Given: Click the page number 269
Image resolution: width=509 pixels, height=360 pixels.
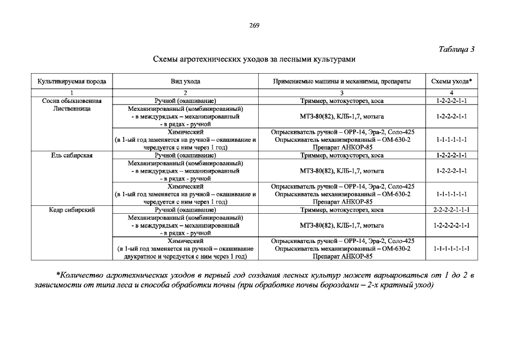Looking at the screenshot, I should [254, 25].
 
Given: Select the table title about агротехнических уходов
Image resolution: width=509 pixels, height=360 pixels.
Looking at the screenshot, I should [254, 59].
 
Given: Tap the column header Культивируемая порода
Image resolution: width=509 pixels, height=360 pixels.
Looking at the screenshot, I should [72, 82].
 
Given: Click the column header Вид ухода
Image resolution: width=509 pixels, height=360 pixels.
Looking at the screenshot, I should [185, 82].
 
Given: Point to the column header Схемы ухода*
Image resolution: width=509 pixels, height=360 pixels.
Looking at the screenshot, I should [451, 82].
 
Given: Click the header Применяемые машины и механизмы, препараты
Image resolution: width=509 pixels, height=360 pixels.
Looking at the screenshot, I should [342, 82].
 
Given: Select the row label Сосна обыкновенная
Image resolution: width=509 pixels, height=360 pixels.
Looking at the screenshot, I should [72, 100].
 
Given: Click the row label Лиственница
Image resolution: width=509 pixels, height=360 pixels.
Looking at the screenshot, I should [72, 109].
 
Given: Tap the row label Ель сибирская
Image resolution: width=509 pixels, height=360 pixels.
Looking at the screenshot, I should [72, 155].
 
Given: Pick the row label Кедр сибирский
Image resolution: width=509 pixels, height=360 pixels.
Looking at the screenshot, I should [72, 209].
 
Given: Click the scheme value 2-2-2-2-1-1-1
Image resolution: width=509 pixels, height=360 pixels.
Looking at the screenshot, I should [451, 209].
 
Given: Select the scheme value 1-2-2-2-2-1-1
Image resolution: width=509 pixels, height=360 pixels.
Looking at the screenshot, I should [451, 225].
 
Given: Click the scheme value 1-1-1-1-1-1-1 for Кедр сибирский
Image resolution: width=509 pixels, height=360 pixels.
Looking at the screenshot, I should [451, 248].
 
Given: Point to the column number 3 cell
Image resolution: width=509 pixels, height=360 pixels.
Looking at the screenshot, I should [342, 92].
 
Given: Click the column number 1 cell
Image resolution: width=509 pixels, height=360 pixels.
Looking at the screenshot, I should [72, 92].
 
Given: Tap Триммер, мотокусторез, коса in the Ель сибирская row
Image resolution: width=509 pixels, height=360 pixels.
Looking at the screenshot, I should [342, 155].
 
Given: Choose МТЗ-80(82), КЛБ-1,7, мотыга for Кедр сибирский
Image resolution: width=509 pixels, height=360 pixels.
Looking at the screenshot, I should [342, 225].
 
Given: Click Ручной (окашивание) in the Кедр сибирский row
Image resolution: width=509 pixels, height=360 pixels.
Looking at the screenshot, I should [185, 209].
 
